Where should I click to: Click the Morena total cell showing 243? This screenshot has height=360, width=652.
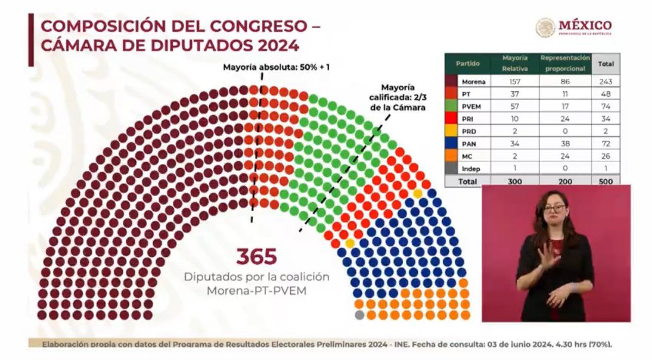606,81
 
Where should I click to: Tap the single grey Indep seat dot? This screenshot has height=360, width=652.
359,314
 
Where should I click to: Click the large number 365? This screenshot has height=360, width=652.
256,256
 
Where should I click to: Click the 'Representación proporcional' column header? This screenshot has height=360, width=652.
565,63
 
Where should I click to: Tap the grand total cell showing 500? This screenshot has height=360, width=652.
606,181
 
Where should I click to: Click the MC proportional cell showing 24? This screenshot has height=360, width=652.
565,156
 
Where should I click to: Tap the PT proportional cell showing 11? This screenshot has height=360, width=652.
565,94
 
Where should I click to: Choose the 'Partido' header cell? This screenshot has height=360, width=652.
468,64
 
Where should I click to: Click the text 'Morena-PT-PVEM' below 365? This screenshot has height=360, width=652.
256,290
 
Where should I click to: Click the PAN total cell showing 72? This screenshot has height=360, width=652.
606,144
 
